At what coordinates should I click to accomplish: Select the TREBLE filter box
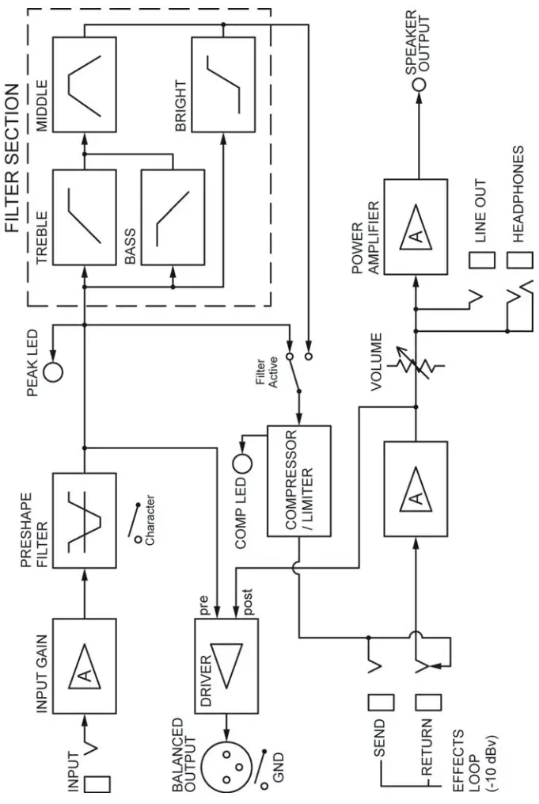click(84, 217)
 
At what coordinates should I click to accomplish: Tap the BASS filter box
click(173, 217)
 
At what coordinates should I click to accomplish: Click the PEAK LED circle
click(54, 371)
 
